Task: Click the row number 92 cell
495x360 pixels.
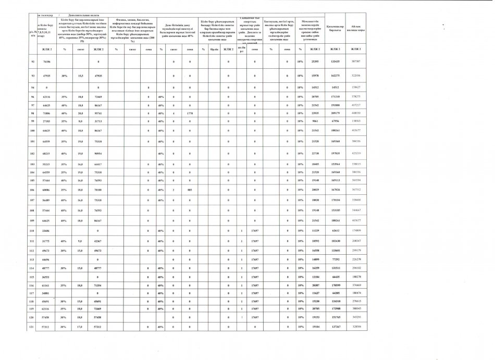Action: tap(33, 61)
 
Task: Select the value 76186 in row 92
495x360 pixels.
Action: tap(47, 61)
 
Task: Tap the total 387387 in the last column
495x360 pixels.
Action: tap(356, 61)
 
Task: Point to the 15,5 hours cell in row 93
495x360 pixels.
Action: tap(81, 76)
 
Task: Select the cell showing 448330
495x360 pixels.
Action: tap(356, 113)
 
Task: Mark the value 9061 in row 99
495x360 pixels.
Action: tap(314, 120)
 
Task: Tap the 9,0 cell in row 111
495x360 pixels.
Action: tap(81, 242)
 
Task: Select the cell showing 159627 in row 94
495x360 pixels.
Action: tap(356, 87)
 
